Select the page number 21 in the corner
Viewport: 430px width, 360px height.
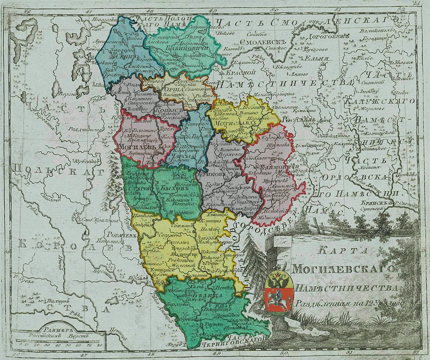[417, 3]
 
